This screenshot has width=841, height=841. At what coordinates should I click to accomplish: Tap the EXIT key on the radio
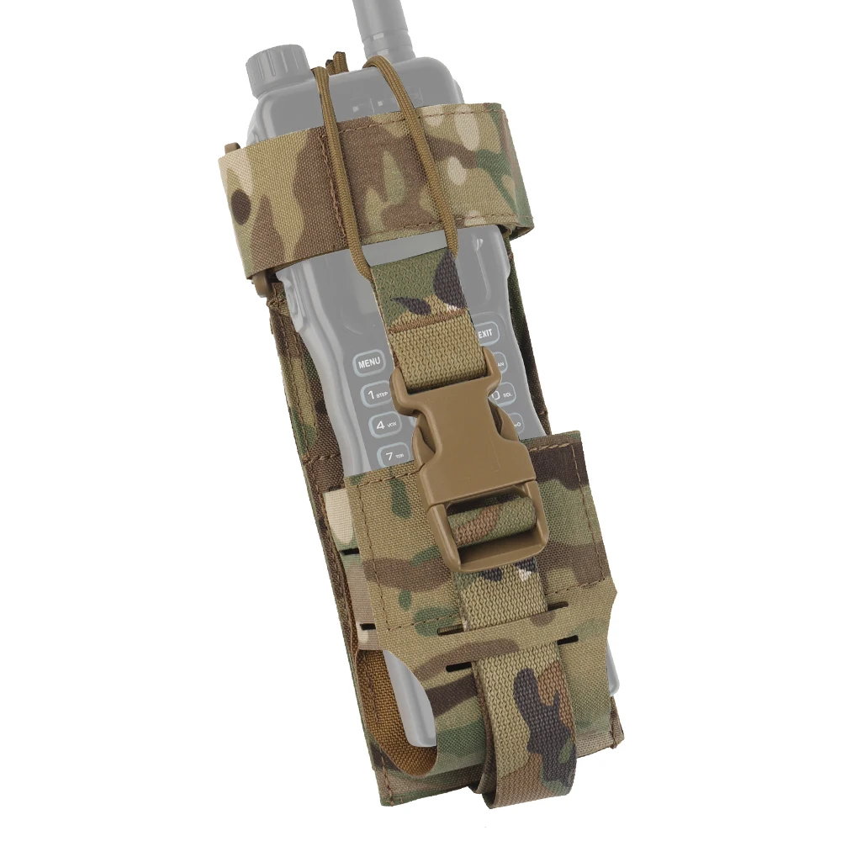[x=485, y=334]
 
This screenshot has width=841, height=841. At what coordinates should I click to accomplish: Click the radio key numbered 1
[x=372, y=394]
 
